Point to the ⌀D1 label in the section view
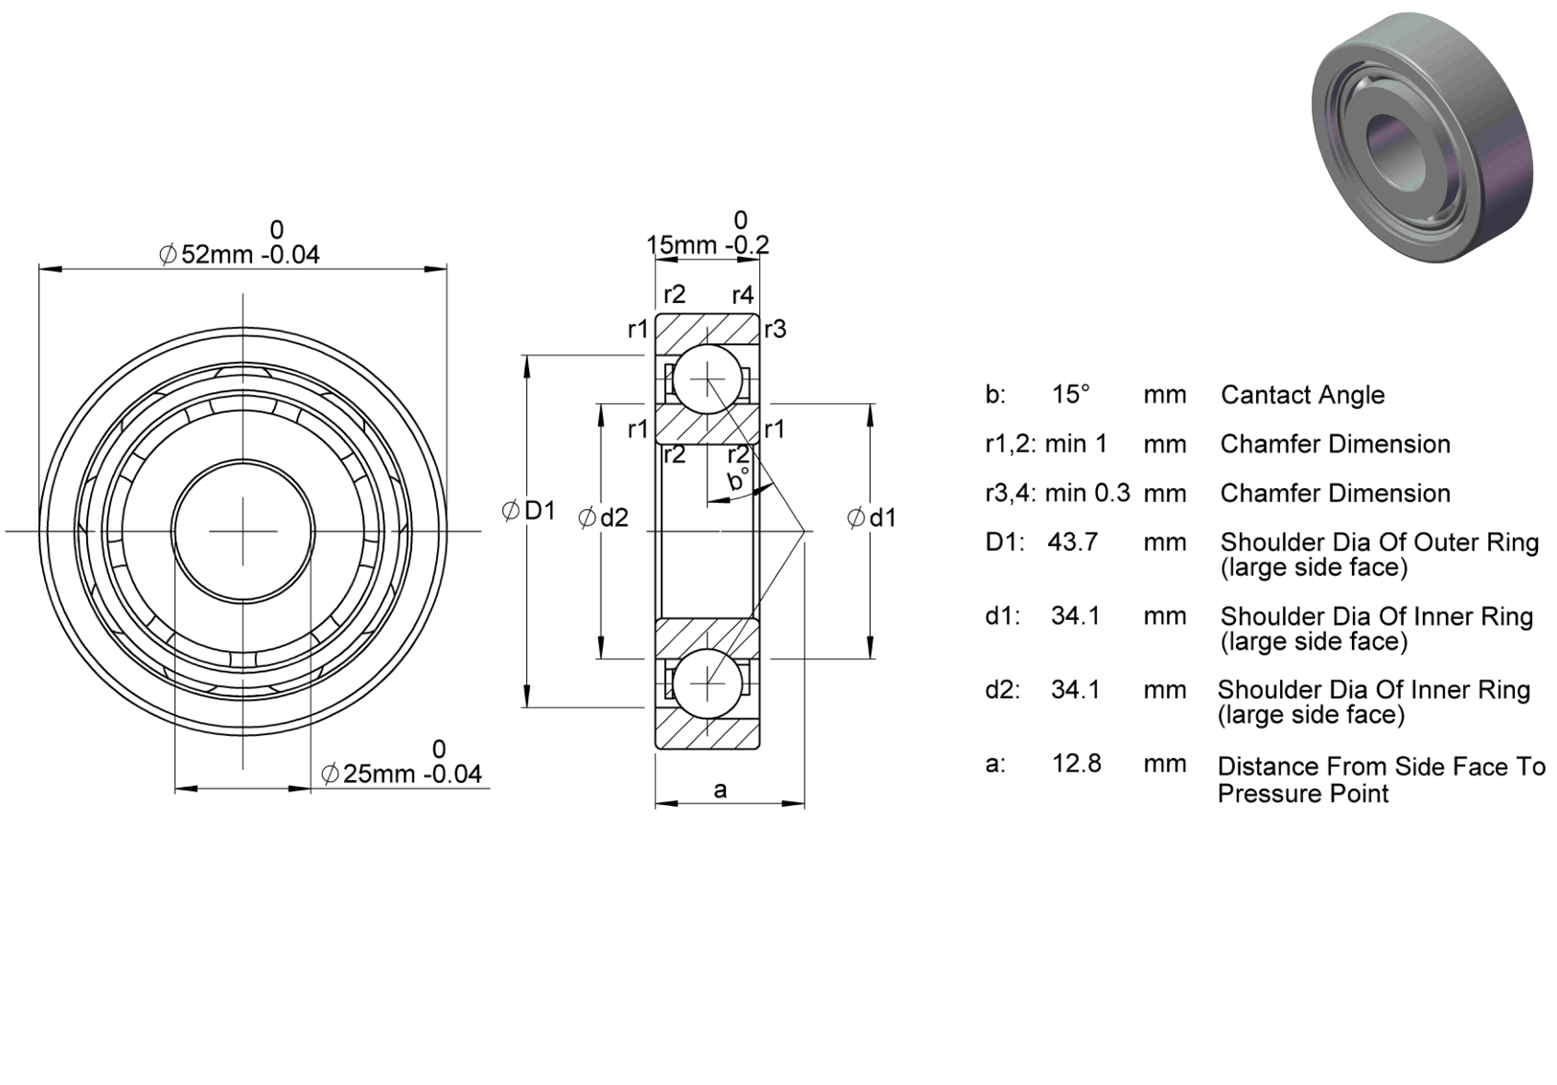point(529,511)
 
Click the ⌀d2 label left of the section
point(603,517)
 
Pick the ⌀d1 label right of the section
point(871,517)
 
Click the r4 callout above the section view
point(743,295)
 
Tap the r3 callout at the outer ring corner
point(775,329)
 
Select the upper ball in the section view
point(708,380)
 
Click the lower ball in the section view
point(708,684)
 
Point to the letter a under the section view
point(720,790)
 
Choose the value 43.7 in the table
point(1073,542)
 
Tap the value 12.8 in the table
point(1077,764)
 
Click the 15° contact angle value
point(1070,394)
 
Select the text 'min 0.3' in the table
point(1088,493)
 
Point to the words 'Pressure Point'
point(1303,793)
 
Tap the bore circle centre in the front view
point(243,531)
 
